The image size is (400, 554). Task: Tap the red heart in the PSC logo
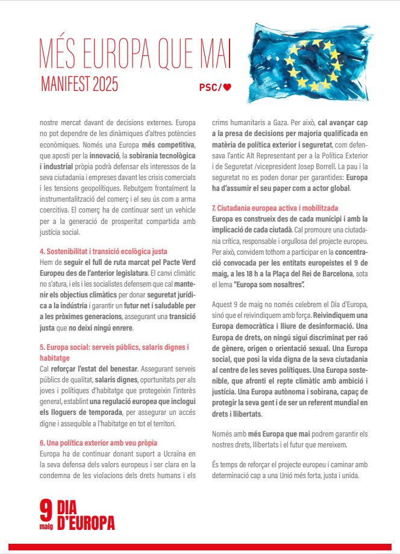click(x=228, y=87)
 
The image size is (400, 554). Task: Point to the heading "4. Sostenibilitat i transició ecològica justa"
click(x=104, y=251)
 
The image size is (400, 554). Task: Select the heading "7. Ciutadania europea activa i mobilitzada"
click(x=275, y=207)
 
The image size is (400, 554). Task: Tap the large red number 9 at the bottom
click(x=46, y=511)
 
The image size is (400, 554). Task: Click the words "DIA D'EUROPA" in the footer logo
click(x=85, y=516)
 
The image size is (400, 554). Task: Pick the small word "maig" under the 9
click(x=46, y=526)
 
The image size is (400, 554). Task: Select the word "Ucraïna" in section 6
click(x=163, y=452)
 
